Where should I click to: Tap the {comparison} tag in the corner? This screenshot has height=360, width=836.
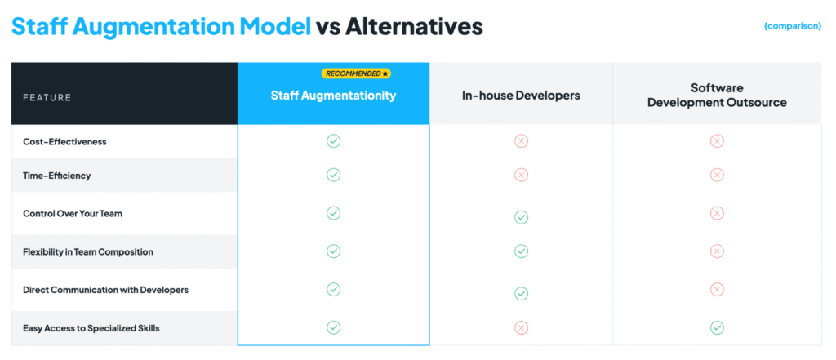point(792,26)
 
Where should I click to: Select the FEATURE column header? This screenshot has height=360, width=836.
point(47,98)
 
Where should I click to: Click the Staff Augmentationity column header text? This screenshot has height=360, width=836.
point(333,96)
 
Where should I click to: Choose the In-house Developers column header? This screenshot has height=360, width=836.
point(521,96)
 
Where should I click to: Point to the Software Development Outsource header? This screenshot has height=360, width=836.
point(717,96)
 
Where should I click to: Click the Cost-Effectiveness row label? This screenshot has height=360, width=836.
point(64,142)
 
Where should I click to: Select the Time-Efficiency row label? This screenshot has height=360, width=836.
point(57,176)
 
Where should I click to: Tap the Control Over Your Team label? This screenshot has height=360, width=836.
point(73,213)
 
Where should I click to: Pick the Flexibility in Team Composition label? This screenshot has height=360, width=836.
point(88,251)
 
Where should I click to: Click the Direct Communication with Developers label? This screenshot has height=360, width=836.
point(105,290)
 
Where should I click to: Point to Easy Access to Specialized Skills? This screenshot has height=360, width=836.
point(91,328)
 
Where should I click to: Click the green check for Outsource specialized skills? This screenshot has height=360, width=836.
point(717,327)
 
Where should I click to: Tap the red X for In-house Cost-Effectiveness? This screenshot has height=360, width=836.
point(521,141)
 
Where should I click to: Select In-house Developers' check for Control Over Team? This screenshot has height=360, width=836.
point(521,217)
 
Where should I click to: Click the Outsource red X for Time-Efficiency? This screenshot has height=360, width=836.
point(717,175)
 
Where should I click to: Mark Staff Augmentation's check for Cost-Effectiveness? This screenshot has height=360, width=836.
point(333,141)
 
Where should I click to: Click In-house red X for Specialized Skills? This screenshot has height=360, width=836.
point(521,327)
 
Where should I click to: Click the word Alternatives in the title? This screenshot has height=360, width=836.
point(414,27)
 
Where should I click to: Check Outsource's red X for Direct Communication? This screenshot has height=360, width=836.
point(717,289)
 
